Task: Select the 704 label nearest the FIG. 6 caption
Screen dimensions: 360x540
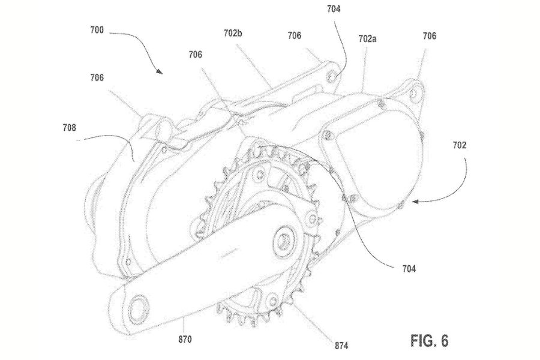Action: click(x=410, y=268)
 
